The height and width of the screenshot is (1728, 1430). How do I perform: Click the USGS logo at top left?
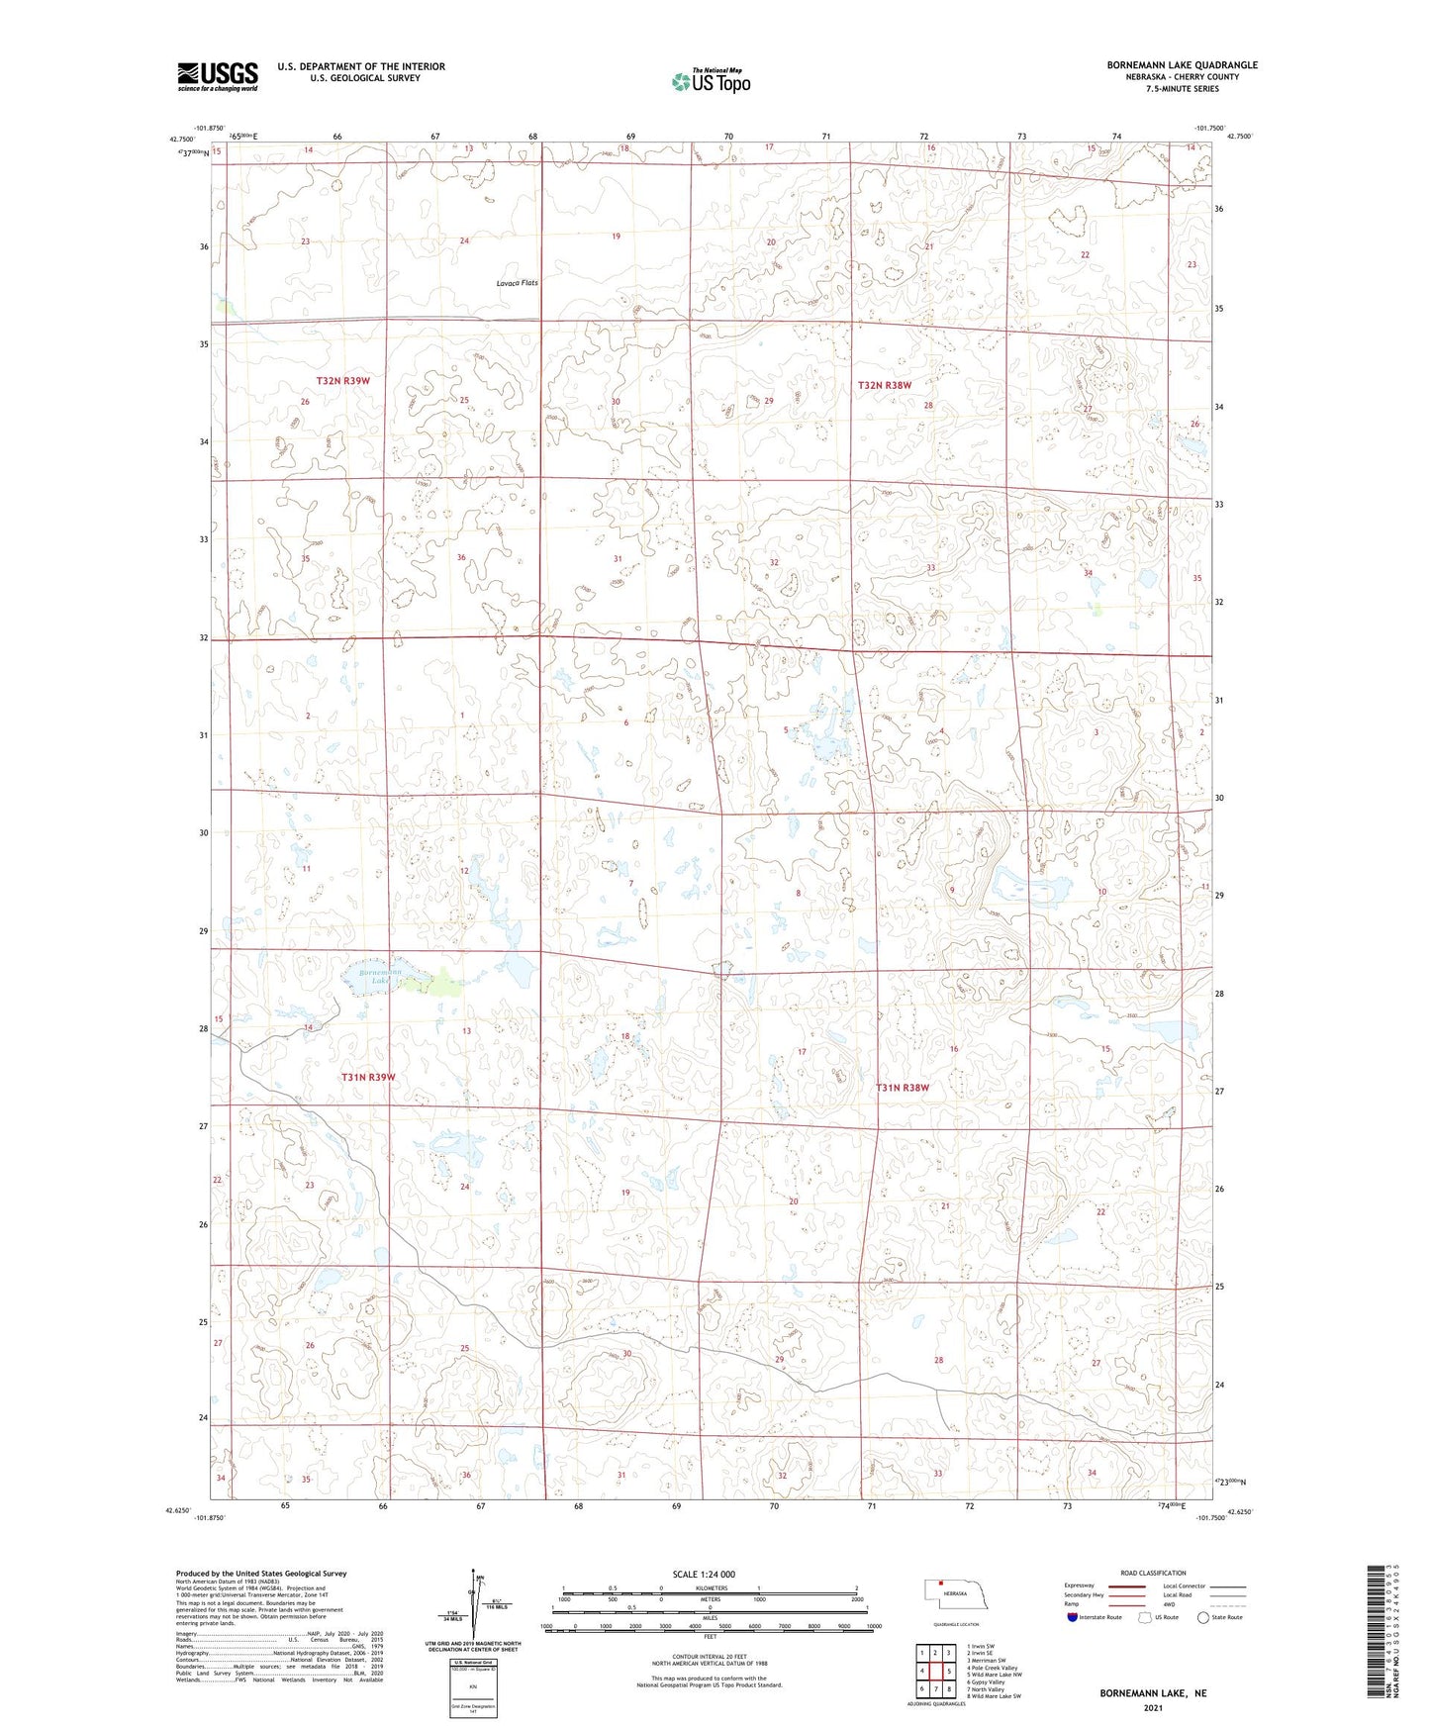pos(217,76)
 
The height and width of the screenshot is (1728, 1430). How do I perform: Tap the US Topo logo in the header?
pos(710,81)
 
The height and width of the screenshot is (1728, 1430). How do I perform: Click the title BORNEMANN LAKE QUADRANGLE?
pos(1182,65)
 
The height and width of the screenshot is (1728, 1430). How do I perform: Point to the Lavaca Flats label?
pos(518,283)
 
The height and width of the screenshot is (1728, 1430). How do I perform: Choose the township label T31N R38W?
pos(903,1088)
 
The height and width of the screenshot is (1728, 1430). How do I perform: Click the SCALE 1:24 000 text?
pos(704,1574)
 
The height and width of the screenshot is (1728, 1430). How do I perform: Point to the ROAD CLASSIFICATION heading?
pos(1153,1573)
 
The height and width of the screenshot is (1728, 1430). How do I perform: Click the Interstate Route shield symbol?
pos(1073,1617)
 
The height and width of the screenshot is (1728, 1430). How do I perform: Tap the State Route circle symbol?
pos(1203,1617)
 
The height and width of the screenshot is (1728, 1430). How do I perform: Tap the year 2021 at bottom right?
pos(1153,1708)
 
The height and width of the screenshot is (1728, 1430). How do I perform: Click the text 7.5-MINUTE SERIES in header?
pos(1182,89)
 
